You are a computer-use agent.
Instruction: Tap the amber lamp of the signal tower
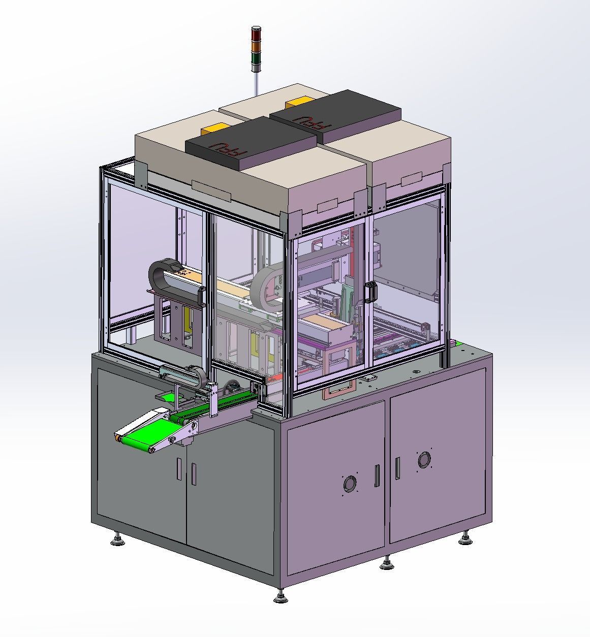(x=256, y=46)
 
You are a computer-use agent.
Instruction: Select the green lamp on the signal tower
(x=256, y=56)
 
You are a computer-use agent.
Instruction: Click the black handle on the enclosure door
(x=370, y=292)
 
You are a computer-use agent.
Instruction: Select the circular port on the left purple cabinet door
(x=350, y=484)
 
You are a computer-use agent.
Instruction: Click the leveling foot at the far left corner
(x=118, y=539)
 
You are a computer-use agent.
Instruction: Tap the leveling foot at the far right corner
(x=464, y=538)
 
